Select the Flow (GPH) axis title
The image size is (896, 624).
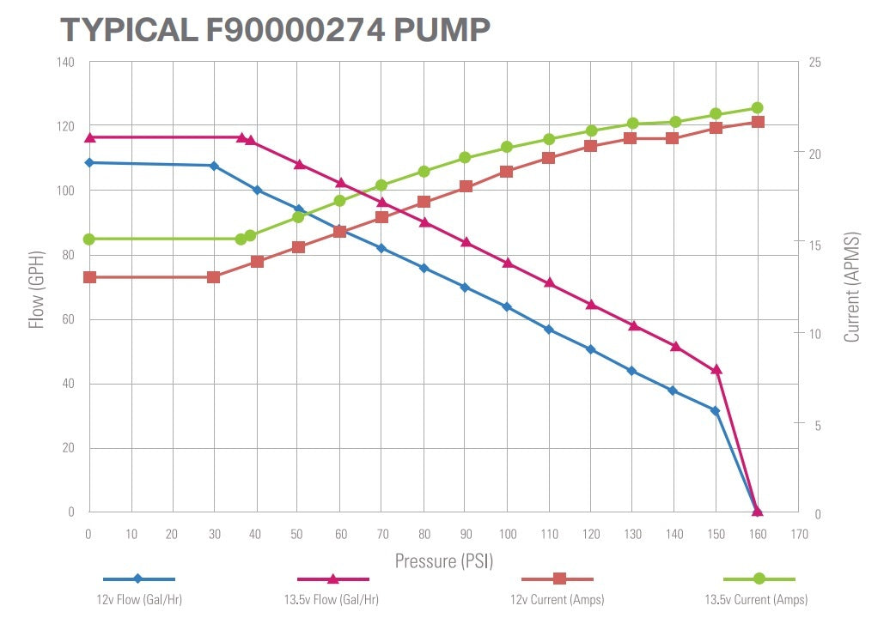pyautogui.click(x=36, y=288)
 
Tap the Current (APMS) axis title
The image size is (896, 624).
pyautogui.click(x=851, y=288)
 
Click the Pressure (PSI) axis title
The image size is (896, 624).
pyautogui.click(x=444, y=561)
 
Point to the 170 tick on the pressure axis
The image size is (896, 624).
pyautogui.click(x=799, y=534)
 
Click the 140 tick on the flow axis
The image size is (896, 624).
pyautogui.click(x=66, y=62)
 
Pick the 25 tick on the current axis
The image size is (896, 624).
pyautogui.click(x=814, y=62)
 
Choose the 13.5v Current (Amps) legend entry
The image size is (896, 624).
pyautogui.click(x=756, y=599)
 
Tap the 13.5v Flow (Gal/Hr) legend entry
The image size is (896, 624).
pyautogui.click(x=332, y=599)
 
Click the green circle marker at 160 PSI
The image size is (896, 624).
pyautogui.click(x=758, y=108)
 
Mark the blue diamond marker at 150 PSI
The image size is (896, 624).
pyautogui.click(x=715, y=411)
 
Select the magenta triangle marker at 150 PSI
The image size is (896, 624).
pyautogui.click(x=716, y=370)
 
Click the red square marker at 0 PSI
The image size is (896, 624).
pyautogui.click(x=89, y=277)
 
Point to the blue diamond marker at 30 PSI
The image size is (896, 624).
pyautogui.click(x=214, y=166)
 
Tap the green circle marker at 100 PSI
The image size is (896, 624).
pyautogui.click(x=507, y=147)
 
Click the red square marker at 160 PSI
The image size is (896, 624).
pyautogui.click(x=758, y=122)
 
